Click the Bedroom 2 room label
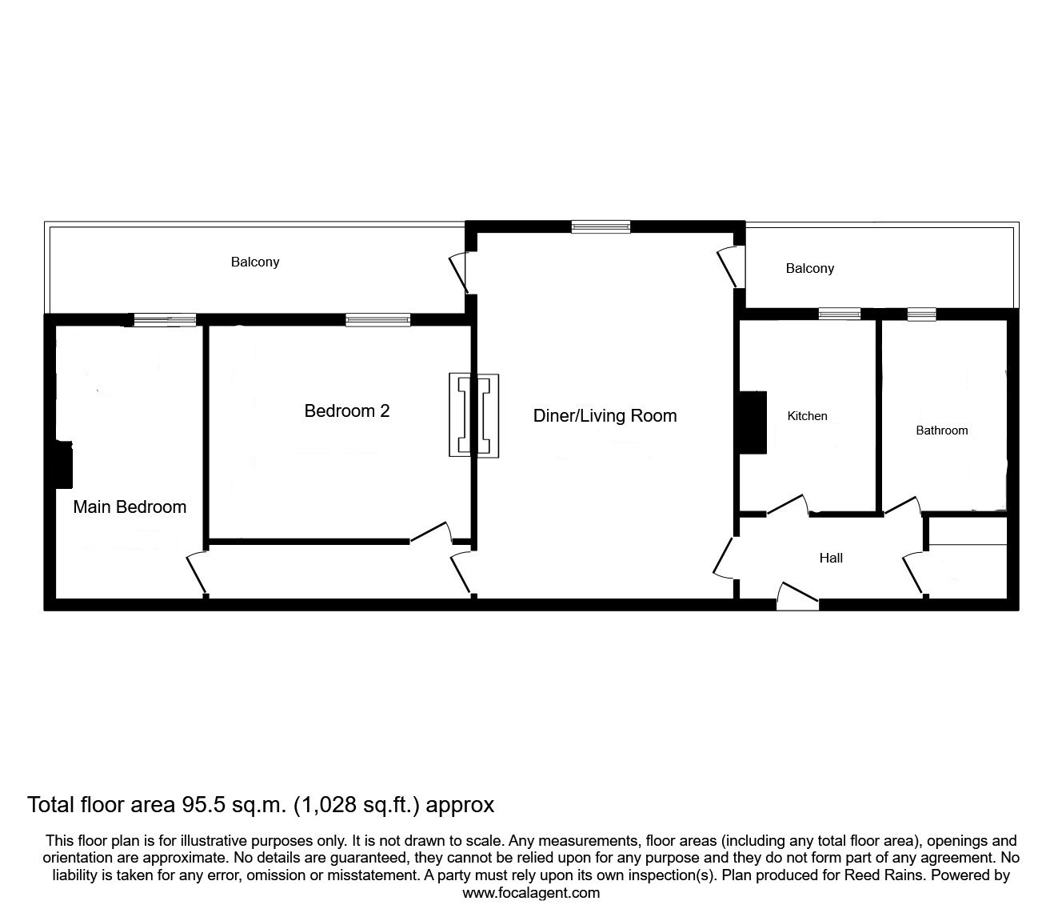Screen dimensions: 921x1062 [347, 411]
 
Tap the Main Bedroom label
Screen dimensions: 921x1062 [130, 507]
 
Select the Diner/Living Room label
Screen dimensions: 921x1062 [605, 416]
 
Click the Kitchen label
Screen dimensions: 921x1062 [807, 416]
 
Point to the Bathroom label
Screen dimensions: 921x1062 [941, 430]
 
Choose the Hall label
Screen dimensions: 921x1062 [831, 559]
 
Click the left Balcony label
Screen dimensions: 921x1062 [255, 262]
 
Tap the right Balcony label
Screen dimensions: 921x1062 [809, 269]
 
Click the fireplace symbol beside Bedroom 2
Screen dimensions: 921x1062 [473, 415]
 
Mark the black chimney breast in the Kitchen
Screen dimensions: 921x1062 [752, 422]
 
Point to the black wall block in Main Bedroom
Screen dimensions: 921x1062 [62, 464]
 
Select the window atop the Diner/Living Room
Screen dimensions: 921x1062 [601, 227]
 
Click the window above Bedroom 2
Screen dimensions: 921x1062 [377, 320]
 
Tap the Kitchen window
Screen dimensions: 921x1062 [840, 314]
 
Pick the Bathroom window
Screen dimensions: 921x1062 [921, 314]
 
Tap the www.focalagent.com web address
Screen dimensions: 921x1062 [531, 893]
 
